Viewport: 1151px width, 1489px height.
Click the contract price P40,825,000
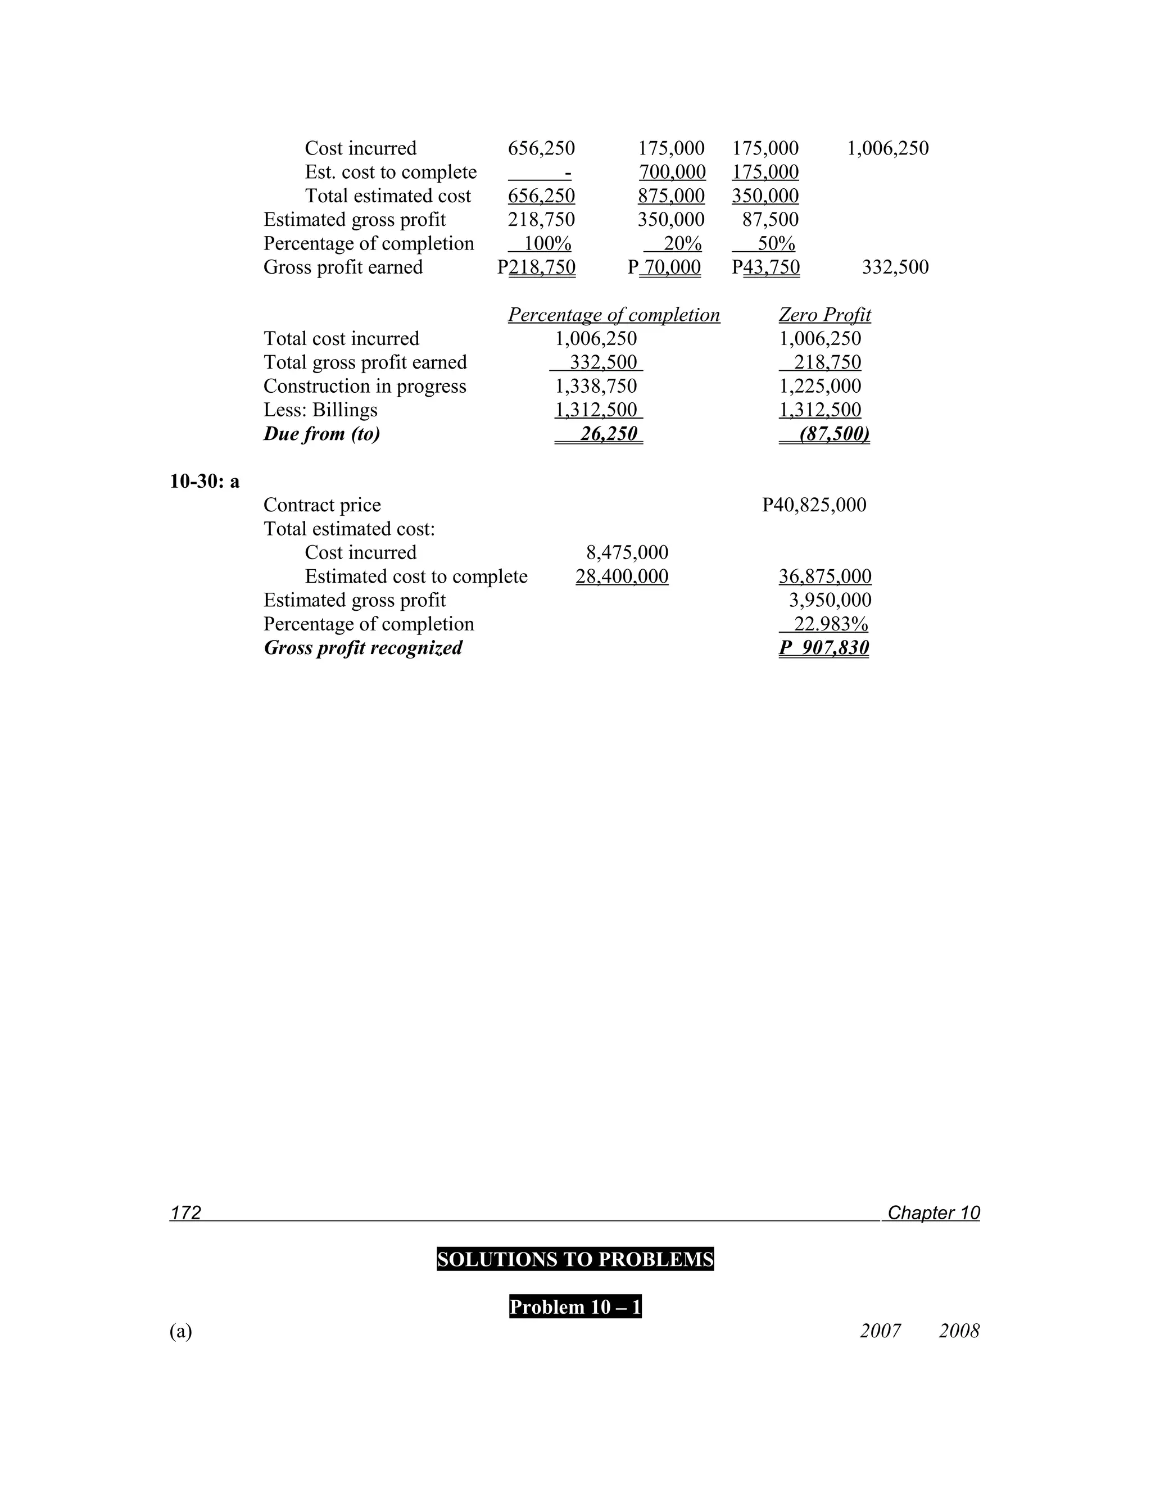[814, 505]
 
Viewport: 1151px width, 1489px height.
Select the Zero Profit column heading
[824, 315]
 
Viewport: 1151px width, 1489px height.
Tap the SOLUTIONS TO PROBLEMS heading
[575, 1259]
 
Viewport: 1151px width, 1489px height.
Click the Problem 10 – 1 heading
[575, 1307]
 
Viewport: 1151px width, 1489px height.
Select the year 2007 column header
[880, 1331]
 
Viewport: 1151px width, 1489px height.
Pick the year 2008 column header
[959, 1331]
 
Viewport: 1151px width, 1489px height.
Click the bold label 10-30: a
[205, 482]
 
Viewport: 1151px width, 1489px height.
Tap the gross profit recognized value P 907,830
[824, 648]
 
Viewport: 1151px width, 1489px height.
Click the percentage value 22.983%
[831, 624]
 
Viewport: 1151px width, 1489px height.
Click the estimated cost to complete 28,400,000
[622, 577]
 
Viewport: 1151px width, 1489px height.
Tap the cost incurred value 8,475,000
[627, 553]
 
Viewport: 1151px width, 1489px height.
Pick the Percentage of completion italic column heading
[614, 315]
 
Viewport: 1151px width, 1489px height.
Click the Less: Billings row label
[320, 410]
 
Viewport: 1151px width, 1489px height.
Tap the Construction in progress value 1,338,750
[595, 387]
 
